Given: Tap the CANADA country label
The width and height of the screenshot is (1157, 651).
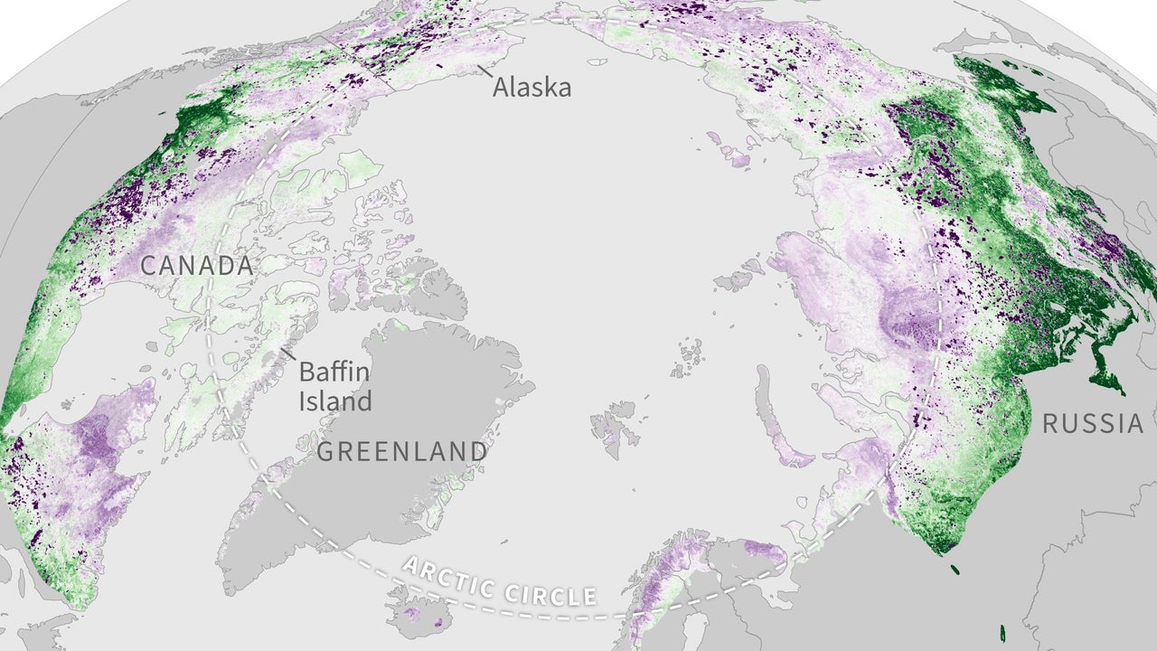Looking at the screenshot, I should coord(196,267).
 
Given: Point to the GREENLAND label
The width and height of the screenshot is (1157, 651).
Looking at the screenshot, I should coord(402,451).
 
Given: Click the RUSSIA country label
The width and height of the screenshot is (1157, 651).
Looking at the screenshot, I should coord(1093,423).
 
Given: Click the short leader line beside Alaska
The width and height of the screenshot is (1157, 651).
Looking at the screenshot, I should coord(485,70).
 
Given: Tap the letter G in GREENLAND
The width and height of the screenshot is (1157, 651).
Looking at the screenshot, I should coord(325,451).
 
